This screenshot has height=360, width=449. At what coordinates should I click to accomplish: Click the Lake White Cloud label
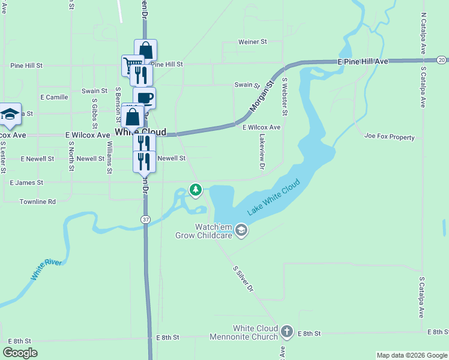[273, 197]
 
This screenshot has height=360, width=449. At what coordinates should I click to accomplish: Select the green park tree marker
[195, 190]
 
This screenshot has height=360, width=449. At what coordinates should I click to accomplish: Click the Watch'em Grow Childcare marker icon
[241, 230]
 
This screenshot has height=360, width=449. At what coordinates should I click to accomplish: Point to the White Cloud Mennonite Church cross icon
[287, 331]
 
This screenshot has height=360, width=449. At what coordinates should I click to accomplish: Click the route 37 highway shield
[145, 220]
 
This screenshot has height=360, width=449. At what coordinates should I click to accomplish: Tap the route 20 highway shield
[441, 60]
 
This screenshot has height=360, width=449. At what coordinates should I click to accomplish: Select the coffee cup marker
[144, 97]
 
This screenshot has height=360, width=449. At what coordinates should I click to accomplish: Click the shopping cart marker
[133, 64]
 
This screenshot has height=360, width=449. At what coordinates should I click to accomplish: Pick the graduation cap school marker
[10, 115]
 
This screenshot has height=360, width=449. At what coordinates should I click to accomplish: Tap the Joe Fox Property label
[389, 137]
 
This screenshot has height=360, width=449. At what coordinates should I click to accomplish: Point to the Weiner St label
[252, 42]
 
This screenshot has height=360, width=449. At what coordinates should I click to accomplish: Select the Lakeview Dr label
[262, 151]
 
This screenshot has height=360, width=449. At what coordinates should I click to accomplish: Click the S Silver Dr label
[243, 277]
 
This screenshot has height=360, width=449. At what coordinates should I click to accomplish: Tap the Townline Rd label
[37, 202]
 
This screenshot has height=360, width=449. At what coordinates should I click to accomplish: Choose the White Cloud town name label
[140, 132]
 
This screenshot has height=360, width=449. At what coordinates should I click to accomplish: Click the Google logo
[20, 353]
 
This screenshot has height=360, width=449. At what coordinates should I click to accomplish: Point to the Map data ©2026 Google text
[411, 355]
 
